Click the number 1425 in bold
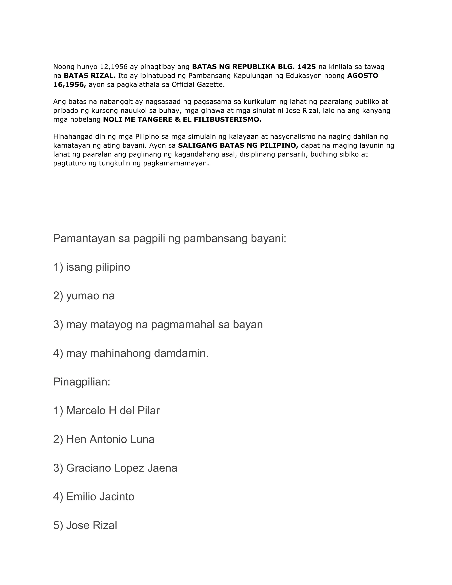(x=307, y=66)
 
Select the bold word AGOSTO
(x=363, y=75)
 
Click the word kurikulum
(x=260, y=102)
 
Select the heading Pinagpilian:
(x=82, y=382)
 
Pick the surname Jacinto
(x=117, y=497)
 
